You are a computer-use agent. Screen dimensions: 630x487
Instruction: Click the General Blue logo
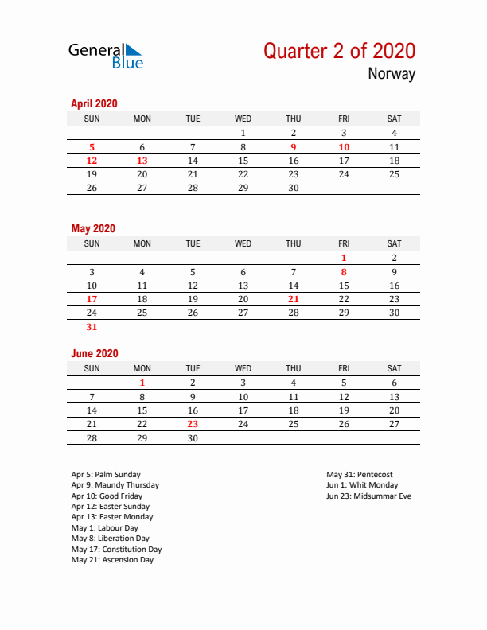tap(106, 56)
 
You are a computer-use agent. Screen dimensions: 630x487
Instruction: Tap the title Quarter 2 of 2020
tap(339, 51)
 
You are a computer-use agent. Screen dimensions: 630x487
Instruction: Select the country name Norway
tap(392, 75)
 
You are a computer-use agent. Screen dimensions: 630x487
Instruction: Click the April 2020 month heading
tap(94, 103)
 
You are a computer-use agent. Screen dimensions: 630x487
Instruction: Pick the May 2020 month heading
tap(93, 228)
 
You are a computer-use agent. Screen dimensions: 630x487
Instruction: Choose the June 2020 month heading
tap(95, 353)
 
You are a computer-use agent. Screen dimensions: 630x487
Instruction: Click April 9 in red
tap(294, 147)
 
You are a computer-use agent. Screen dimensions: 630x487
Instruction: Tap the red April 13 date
tap(142, 161)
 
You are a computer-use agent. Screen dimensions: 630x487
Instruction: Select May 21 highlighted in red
tap(294, 299)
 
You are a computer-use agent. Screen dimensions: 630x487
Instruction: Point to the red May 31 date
tap(92, 326)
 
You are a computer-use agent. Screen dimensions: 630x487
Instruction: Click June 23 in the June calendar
tap(193, 424)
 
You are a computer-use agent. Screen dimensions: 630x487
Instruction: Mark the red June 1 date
tap(142, 383)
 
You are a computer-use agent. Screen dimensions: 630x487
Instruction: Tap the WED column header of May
tap(243, 243)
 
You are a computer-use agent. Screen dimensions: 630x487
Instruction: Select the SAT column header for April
tap(394, 119)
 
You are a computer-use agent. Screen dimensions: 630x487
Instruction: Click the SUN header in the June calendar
tap(92, 368)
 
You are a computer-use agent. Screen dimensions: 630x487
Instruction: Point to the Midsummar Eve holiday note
tap(368, 496)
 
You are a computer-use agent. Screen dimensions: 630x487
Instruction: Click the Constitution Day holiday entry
tap(116, 549)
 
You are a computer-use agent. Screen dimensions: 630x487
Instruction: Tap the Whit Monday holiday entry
tap(362, 485)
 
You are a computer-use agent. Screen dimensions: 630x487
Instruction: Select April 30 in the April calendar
tap(294, 189)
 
